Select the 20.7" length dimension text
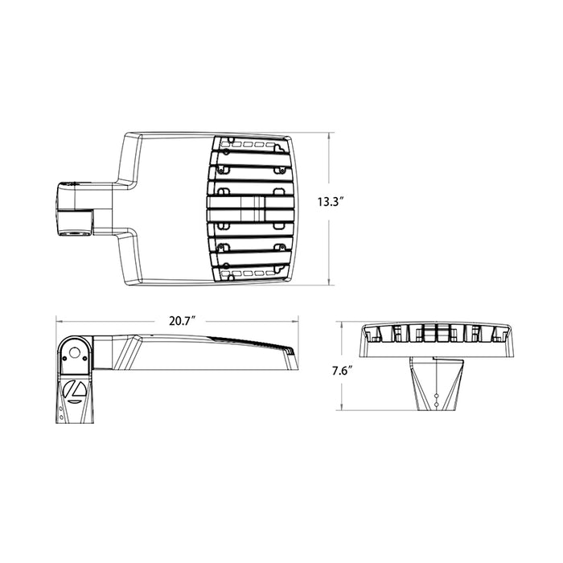[x=183, y=321]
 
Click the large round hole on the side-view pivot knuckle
[x=76, y=352]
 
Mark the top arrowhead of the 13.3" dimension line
[x=330, y=135]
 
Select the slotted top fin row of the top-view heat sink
[x=253, y=146]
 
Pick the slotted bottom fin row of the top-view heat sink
[x=253, y=273]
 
